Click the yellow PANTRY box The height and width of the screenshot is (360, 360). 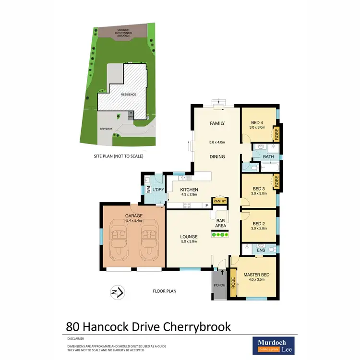(x=220, y=201)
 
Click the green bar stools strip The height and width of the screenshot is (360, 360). (x=220, y=235)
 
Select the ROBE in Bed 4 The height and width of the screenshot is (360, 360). (x=276, y=133)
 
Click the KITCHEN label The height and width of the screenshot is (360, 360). (x=190, y=190)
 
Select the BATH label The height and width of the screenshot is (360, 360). (x=268, y=156)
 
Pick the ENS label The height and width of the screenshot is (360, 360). (x=261, y=250)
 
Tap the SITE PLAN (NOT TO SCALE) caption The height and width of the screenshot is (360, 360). (x=119, y=156)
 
